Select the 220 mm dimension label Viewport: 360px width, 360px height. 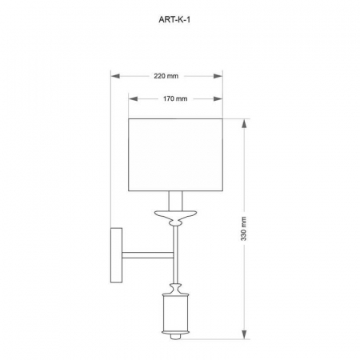pyautogui.click(x=166, y=76)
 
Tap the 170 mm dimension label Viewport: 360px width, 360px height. pyautogui.click(x=175, y=99)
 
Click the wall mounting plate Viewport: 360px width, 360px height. pyautogui.click(x=117, y=255)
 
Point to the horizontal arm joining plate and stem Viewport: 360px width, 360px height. pyautogui.click(x=147, y=254)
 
